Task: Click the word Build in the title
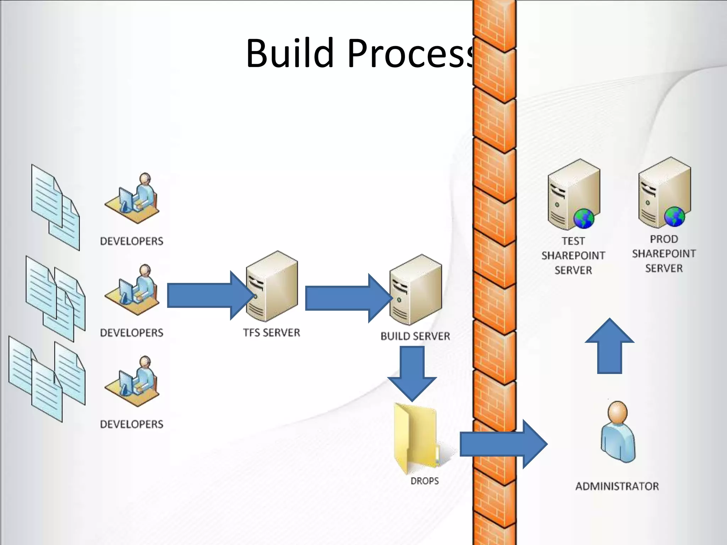[x=289, y=53]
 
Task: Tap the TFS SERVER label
[x=272, y=332]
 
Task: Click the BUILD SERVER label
[x=415, y=336]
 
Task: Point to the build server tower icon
[x=416, y=290]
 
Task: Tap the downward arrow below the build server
[x=412, y=373]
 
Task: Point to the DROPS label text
[x=425, y=481]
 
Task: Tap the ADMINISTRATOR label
[x=617, y=486]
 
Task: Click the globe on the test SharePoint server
[x=584, y=218]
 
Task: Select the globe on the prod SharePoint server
[x=674, y=216]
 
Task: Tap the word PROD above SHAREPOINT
[x=664, y=239]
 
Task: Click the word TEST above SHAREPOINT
[x=573, y=241]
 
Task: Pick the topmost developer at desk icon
[x=133, y=199]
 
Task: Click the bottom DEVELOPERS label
[x=132, y=424]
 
